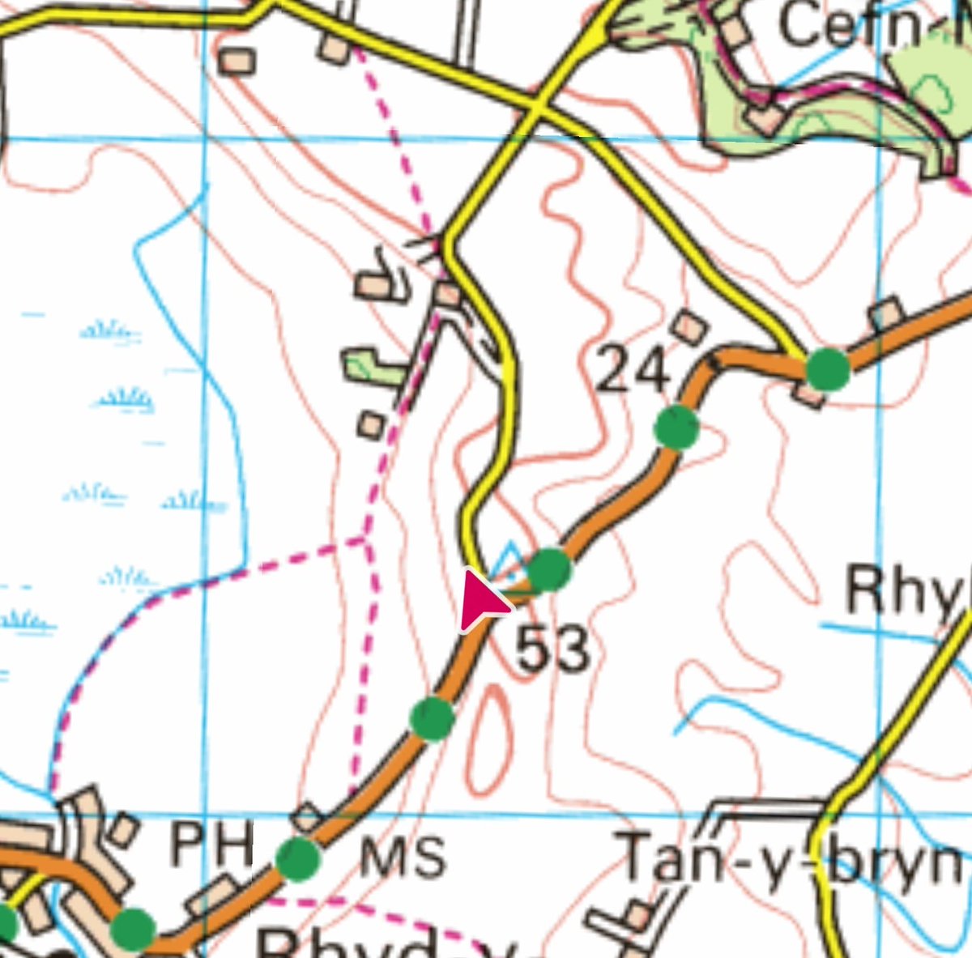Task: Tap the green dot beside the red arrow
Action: pyautogui.click(x=549, y=570)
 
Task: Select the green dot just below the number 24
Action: pyautogui.click(x=676, y=427)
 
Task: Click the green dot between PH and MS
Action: pyautogui.click(x=298, y=859)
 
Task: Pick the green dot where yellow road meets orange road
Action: pyautogui.click(x=828, y=369)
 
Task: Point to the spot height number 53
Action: pyautogui.click(x=553, y=649)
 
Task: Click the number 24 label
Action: pyautogui.click(x=633, y=371)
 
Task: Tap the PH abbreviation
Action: pyautogui.click(x=211, y=843)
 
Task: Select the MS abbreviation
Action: pyautogui.click(x=403, y=857)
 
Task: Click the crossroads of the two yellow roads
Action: pyautogui.click(x=537, y=108)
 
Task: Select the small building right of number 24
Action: pyautogui.click(x=690, y=326)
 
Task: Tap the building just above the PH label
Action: pyautogui.click(x=307, y=816)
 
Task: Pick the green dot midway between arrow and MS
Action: pyautogui.click(x=431, y=717)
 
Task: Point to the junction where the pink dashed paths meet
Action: pyautogui.click(x=364, y=537)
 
